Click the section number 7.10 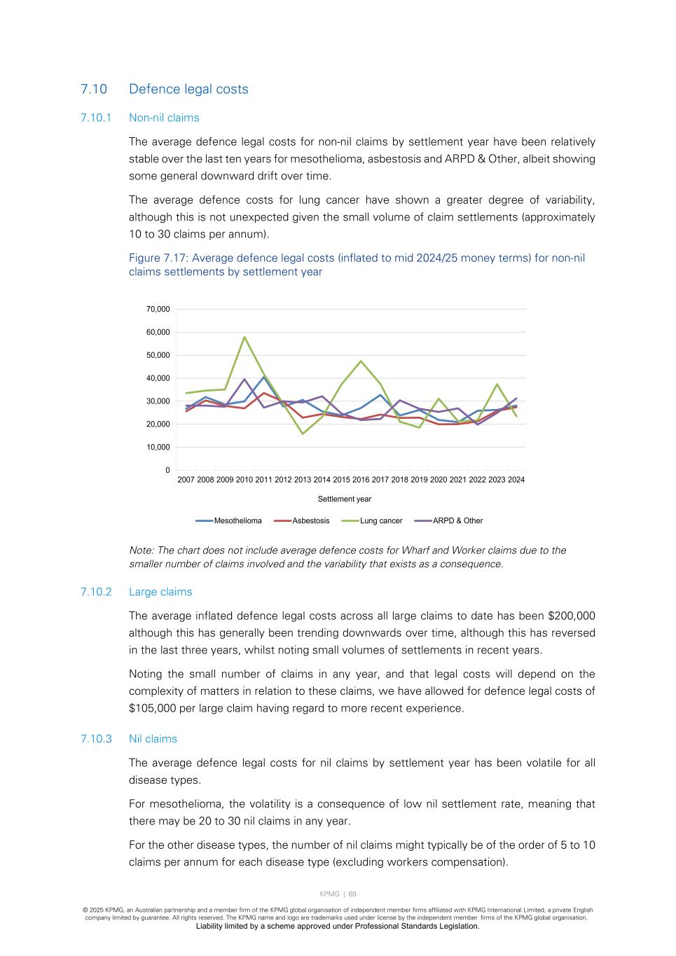coord(94,89)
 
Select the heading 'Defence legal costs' coord(188,89)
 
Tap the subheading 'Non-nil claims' coord(164,118)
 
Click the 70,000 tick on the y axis coord(158,309)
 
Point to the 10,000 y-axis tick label coord(158,447)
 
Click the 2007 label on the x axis coord(186,480)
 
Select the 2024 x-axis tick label coord(516,480)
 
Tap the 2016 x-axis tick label coord(361,480)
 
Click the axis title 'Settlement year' coord(344,499)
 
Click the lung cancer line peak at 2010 coord(244,337)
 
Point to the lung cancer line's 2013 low coord(303,434)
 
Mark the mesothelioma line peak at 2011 coord(263,377)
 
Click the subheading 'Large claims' coord(160,592)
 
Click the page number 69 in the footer coord(352,894)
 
